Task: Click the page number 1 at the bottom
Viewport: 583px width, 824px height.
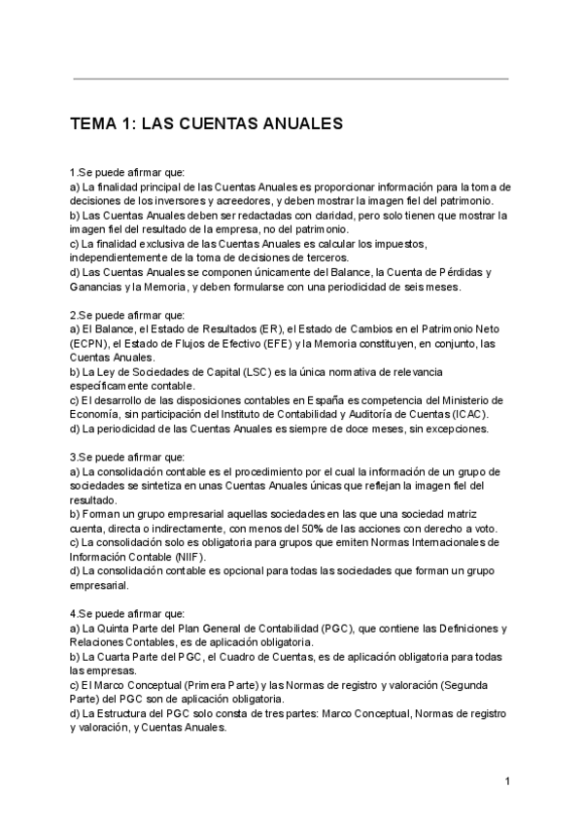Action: click(x=507, y=781)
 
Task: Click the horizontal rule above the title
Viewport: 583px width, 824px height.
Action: click(x=291, y=79)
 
